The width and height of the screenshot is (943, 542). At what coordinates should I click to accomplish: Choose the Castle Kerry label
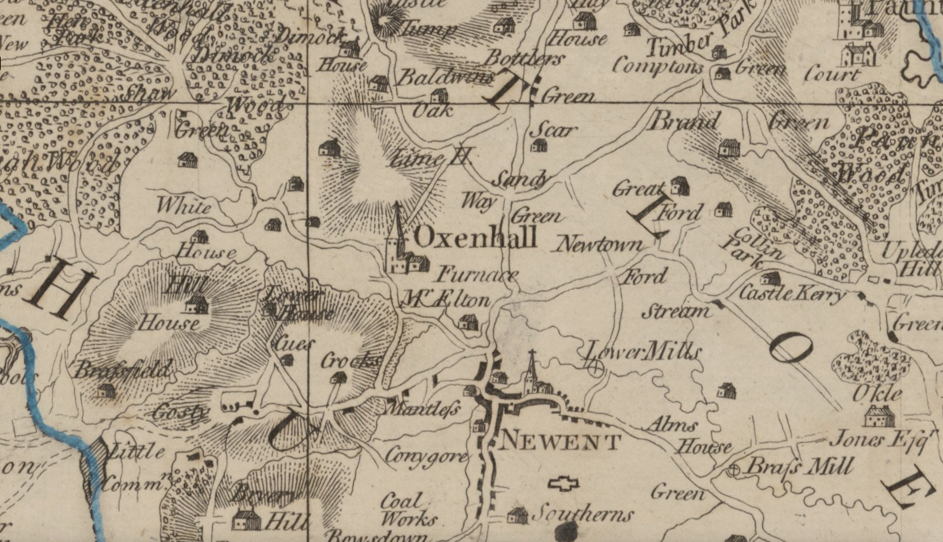[x=790, y=293]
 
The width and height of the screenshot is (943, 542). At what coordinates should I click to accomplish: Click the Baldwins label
[x=445, y=78]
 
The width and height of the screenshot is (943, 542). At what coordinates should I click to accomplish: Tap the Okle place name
[x=877, y=394]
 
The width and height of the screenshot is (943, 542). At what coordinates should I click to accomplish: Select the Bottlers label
[x=524, y=59]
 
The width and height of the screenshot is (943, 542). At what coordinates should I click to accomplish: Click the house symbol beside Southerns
[x=518, y=516]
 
